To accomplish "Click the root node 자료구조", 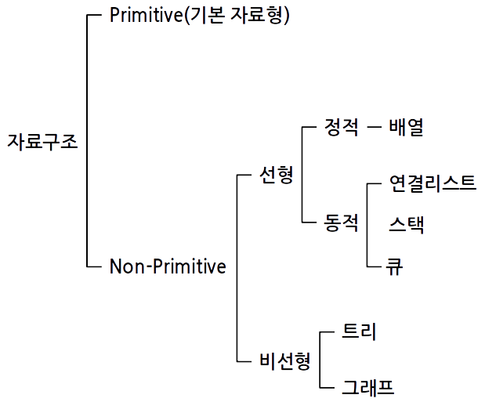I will pyautogui.click(x=42, y=142).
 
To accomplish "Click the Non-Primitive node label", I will pyautogui.click(x=168, y=266).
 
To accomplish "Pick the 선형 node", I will pyautogui.click(x=276, y=174).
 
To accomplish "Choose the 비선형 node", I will pyautogui.click(x=284, y=360).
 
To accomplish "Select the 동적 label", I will pyautogui.click(x=342, y=223).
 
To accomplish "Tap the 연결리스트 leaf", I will pyautogui.click(x=432, y=183).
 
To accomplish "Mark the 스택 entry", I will pyautogui.click(x=406, y=224).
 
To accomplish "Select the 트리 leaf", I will pyautogui.click(x=360, y=331).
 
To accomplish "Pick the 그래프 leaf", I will pyautogui.click(x=367, y=387).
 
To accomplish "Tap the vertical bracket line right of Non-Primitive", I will pyautogui.click(x=237, y=266).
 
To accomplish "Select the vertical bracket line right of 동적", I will pyautogui.click(x=367, y=225).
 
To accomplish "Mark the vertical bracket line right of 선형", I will pyautogui.click(x=302, y=174).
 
